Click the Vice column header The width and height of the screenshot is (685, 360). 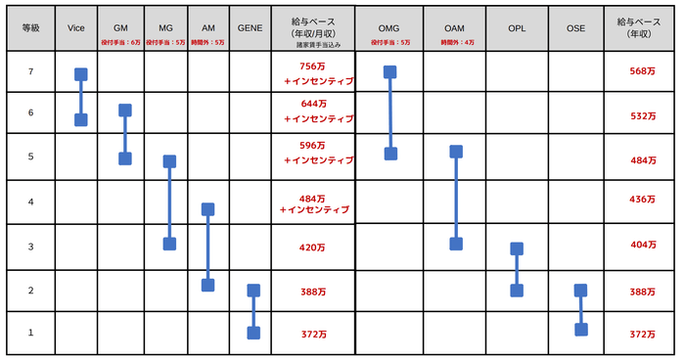point(76,29)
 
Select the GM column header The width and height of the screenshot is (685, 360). point(121,29)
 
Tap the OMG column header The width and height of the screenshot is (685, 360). point(389,29)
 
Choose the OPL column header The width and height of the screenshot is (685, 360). point(516,29)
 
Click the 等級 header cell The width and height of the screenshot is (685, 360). point(30,29)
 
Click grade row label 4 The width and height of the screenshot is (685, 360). point(30,202)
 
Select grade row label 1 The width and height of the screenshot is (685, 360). point(30,333)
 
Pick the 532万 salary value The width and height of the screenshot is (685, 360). point(643,116)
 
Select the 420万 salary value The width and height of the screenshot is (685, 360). point(313,247)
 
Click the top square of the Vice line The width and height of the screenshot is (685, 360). point(81,74)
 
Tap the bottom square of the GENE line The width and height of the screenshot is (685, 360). point(253,333)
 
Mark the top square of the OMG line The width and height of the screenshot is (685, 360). point(390,71)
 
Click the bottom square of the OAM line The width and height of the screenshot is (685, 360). point(455,244)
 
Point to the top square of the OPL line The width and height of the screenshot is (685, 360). point(517,249)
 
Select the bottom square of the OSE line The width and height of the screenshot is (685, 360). point(580,329)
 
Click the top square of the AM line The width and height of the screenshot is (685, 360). point(207,208)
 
